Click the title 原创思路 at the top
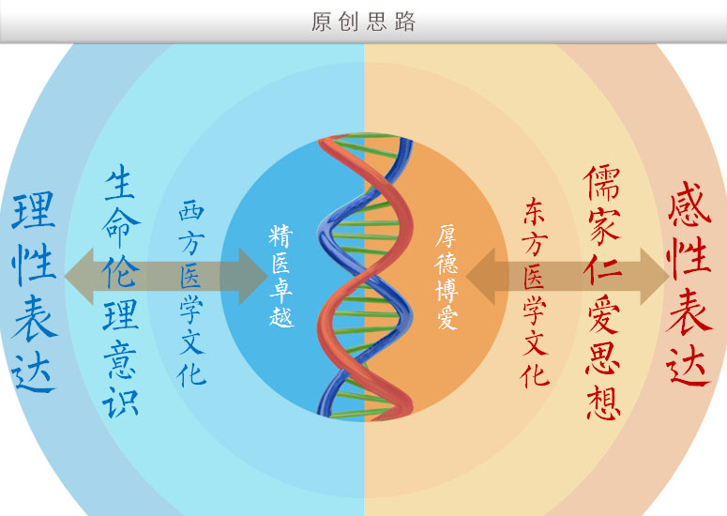click(363, 22)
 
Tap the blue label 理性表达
click(34, 293)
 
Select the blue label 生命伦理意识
click(121, 291)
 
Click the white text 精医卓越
click(281, 277)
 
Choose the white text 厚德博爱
click(447, 278)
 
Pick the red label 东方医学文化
click(535, 293)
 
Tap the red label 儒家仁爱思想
click(602, 292)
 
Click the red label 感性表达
click(689, 282)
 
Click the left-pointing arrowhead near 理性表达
click(80, 277)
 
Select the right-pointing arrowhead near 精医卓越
click(253, 277)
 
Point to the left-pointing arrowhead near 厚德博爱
click(480, 277)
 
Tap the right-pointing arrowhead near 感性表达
click(654, 277)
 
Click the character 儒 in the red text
click(602, 183)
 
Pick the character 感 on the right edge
click(689, 203)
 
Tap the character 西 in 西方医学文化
click(191, 210)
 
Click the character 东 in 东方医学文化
click(535, 211)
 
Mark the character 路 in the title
click(405, 22)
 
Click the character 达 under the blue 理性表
click(34, 373)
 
